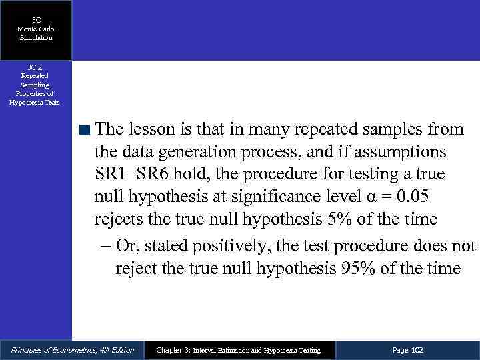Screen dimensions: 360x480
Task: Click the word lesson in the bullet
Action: (x=152, y=127)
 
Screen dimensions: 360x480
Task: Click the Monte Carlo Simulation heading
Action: (x=36, y=33)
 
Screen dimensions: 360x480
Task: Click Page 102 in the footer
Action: (x=408, y=350)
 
